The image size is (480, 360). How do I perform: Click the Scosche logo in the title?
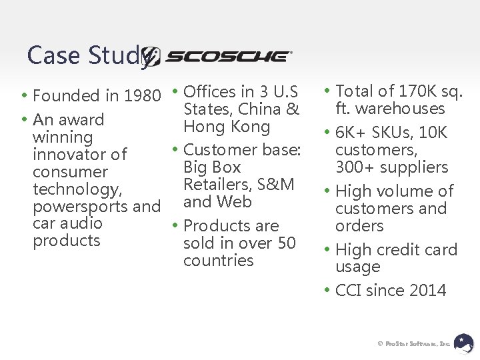[x=220, y=57]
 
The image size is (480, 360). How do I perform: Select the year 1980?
[x=143, y=96]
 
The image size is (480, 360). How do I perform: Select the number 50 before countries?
[x=286, y=243]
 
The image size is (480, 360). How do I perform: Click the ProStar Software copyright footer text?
[x=414, y=343]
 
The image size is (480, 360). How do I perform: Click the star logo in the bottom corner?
[x=463, y=342]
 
